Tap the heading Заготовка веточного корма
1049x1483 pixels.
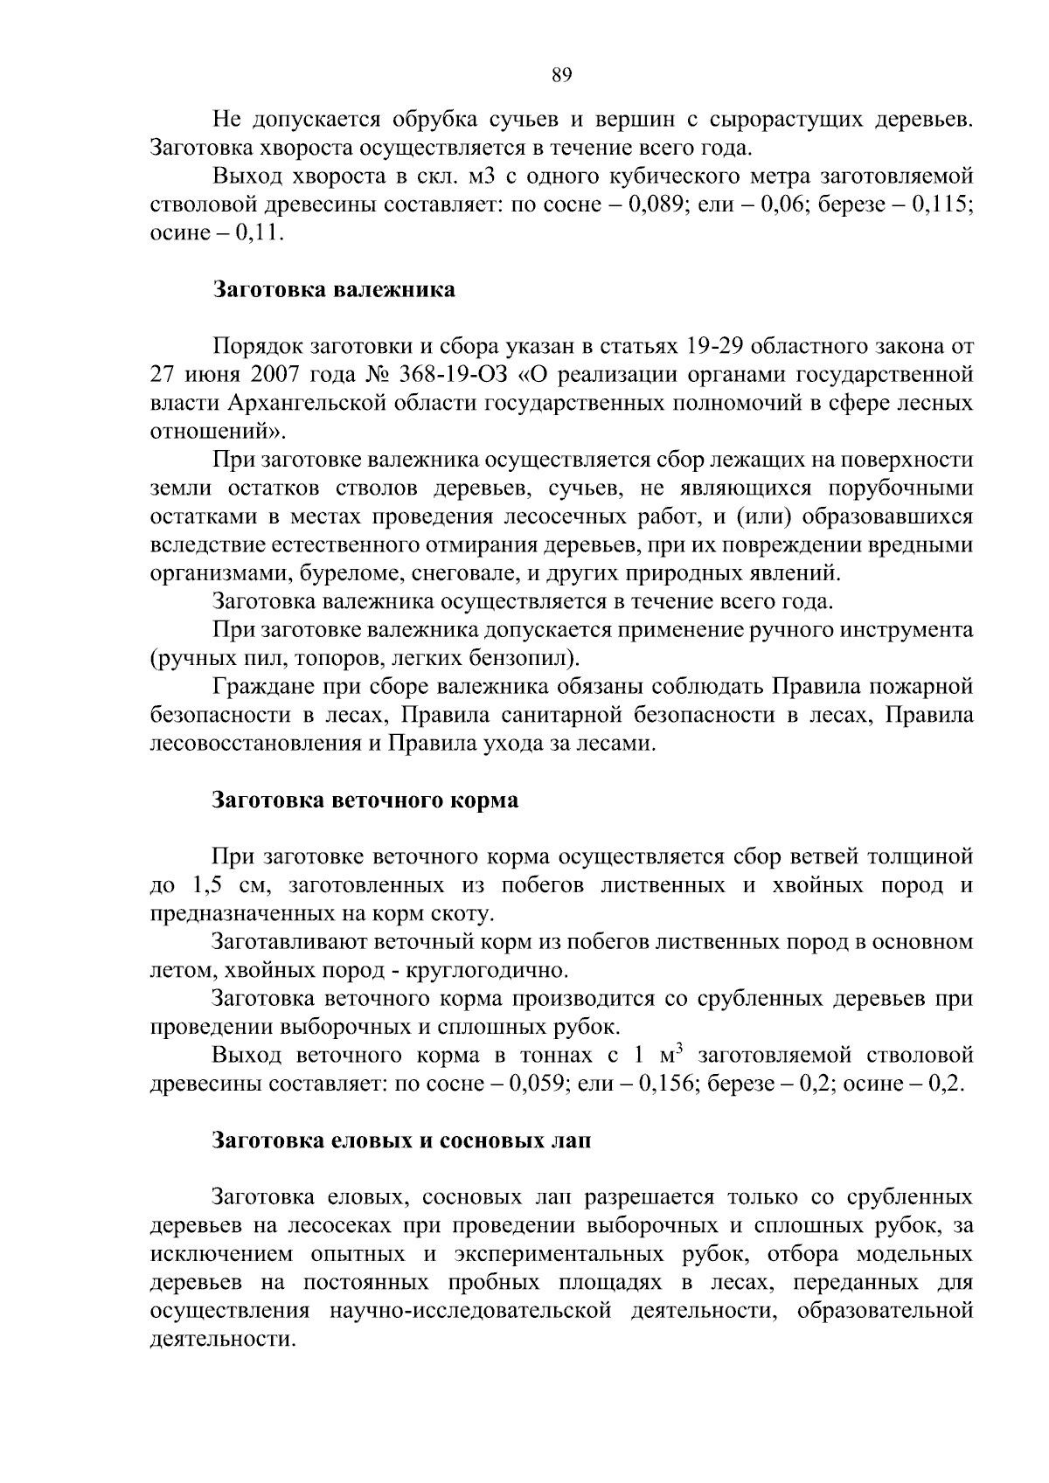pos(366,800)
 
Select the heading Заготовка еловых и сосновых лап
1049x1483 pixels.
pos(402,1141)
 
